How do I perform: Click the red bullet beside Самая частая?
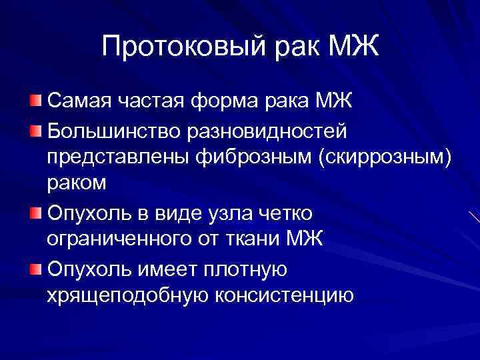(35, 101)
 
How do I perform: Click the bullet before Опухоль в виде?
(35, 212)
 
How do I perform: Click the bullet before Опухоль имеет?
(35, 269)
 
